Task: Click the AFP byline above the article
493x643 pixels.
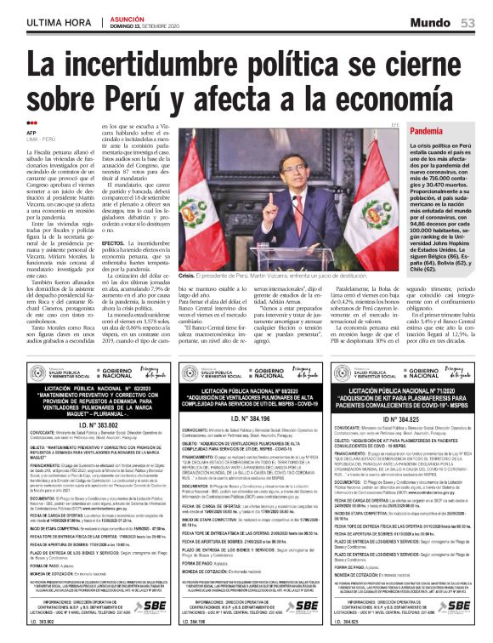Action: [32, 133]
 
